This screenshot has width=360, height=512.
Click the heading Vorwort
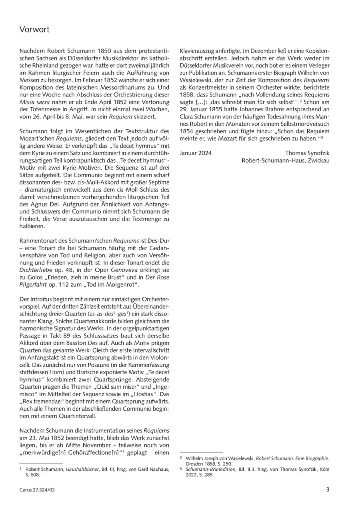tap(34, 30)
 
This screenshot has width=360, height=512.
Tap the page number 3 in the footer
tap(328, 489)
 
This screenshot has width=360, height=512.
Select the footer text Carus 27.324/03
tap(36, 490)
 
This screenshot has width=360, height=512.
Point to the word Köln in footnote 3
tap(323, 469)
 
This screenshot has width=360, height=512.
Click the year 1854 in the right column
tap(186, 131)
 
